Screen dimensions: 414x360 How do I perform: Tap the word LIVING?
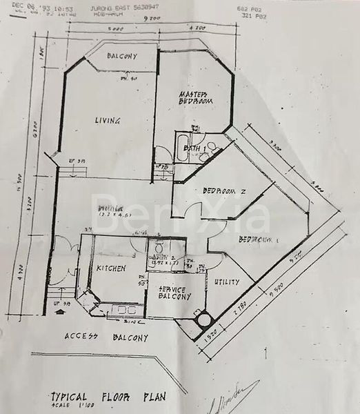click(108, 121)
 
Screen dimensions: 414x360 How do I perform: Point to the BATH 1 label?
click(191, 148)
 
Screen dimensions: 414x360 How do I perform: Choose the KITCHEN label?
click(110, 268)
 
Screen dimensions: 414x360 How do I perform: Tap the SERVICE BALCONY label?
click(174, 293)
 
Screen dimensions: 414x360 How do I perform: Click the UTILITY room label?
click(227, 282)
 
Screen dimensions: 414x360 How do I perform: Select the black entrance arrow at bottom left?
click(59, 310)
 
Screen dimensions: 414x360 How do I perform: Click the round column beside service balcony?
click(202, 320)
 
